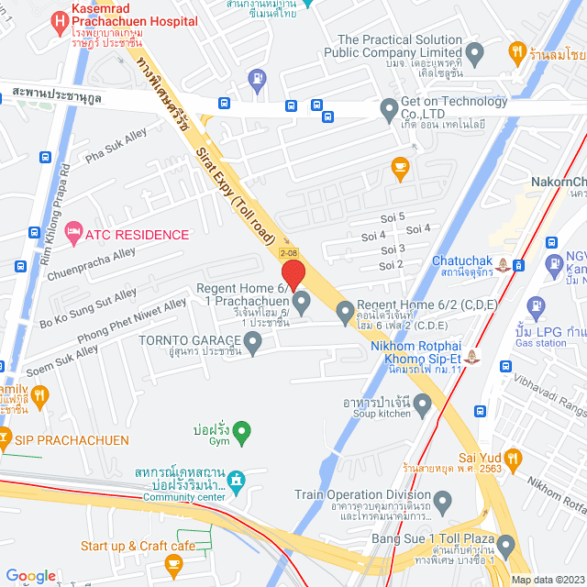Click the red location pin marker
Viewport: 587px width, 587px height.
[x=293, y=275]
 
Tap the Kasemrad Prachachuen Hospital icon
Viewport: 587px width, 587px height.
[x=60, y=18]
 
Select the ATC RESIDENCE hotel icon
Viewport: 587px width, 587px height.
[x=74, y=234]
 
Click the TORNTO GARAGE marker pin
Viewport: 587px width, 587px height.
[x=254, y=341]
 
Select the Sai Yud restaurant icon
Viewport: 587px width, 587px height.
[x=512, y=456]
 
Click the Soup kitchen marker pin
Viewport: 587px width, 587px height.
[x=422, y=402]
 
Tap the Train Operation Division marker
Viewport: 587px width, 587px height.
[x=443, y=502]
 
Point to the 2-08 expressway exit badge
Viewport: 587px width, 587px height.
[x=288, y=252]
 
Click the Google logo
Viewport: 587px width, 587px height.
[x=31, y=575]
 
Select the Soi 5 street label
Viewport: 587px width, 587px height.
[x=392, y=216]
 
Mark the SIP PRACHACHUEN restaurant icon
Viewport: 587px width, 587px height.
[x=6, y=441]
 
